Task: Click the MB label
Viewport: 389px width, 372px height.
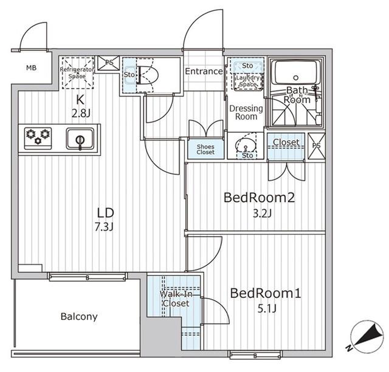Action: pos(31,67)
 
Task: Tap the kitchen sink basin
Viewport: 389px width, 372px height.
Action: pos(80,138)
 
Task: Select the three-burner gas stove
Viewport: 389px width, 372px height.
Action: pos(38,138)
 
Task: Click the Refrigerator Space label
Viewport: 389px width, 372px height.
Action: pos(77,73)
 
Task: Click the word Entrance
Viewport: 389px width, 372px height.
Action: pos(204,72)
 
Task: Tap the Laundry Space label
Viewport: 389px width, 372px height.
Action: pos(247,81)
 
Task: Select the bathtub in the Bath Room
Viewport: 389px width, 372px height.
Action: pos(295,73)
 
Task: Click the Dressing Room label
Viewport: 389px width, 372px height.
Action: pos(246,112)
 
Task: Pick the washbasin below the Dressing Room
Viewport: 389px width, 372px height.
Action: pos(246,144)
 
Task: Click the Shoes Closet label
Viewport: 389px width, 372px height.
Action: pos(205,149)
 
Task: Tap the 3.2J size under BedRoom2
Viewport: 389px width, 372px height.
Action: pos(262,213)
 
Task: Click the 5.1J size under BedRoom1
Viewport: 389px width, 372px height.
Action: pos(267,309)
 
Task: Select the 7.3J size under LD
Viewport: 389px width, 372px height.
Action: pos(104,227)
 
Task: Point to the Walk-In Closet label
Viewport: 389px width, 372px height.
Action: pos(176,299)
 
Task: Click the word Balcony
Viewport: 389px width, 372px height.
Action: pos(79,317)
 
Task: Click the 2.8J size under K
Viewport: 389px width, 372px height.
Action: pos(81,113)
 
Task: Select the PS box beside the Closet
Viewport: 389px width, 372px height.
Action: pos(317,146)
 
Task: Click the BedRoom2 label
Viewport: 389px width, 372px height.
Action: pos(260,198)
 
